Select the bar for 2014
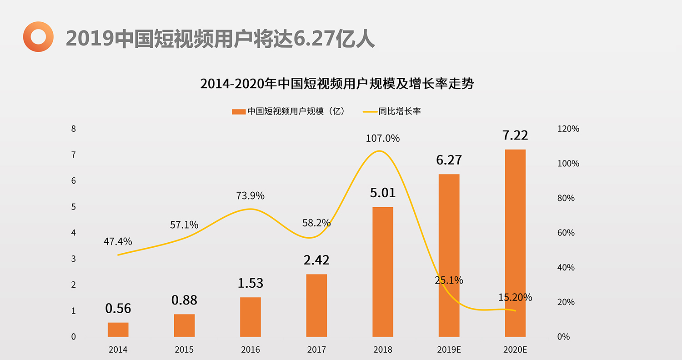pyautogui.click(x=118, y=330)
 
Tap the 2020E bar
pyautogui.click(x=515, y=243)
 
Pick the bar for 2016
pyautogui.click(x=250, y=317)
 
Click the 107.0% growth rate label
pyautogui.click(x=382, y=138)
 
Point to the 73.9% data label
pyautogui.click(x=250, y=196)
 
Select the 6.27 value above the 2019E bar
pyautogui.click(x=449, y=160)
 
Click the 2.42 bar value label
pyautogui.click(x=316, y=260)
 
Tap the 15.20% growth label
pyautogui.click(x=515, y=298)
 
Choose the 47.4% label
pyautogui.click(x=118, y=241)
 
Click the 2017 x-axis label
pyautogui.click(x=316, y=350)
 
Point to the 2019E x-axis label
pyautogui.click(x=449, y=350)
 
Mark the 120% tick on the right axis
pyautogui.click(x=568, y=129)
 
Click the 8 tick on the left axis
pyautogui.click(x=73, y=129)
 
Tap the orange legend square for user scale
pyautogui.click(x=239, y=111)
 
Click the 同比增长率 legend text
pyautogui.click(x=400, y=111)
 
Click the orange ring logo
pyautogui.click(x=38, y=36)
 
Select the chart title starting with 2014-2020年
pyautogui.click(x=337, y=84)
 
